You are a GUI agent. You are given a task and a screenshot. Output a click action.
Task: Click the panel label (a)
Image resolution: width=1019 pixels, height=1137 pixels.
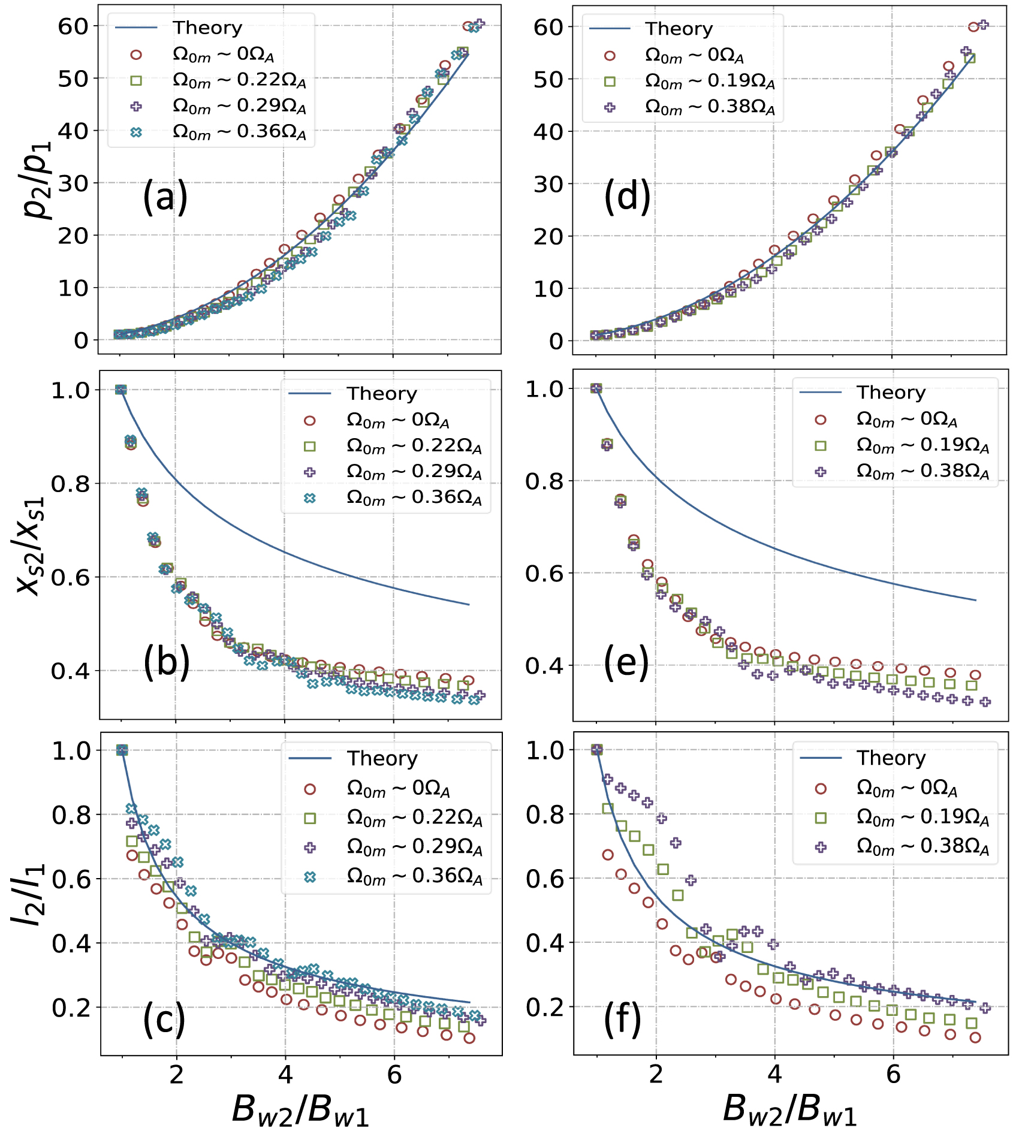pyautogui.click(x=165, y=198)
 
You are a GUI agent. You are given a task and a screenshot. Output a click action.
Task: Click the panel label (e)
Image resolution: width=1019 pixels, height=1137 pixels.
pyautogui.click(x=626, y=663)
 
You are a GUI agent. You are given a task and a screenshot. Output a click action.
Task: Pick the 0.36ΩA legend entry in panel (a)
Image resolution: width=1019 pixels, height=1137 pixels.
pyautogui.click(x=240, y=132)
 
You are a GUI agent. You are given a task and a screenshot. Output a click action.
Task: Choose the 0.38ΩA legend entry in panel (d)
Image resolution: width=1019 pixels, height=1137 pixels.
pyautogui.click(x=710, y=107)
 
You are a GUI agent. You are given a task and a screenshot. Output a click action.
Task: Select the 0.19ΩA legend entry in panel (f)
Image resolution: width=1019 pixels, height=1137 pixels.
pyautogui.click(x=923, y=817)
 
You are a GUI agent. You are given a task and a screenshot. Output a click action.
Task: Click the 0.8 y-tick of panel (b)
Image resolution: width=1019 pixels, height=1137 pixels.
pyautogui.click(x=71, y=484)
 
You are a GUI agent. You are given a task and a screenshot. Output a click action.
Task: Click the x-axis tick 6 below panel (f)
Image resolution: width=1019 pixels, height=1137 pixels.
pyautogui.click(x=893, y=1075)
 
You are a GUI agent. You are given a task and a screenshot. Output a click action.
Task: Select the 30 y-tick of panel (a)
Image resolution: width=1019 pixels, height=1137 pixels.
pyautogui.click(x=73, y=183)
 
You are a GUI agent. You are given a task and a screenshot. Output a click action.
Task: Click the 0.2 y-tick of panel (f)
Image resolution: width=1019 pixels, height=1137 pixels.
pyautogui.click(x=545, y=1008)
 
